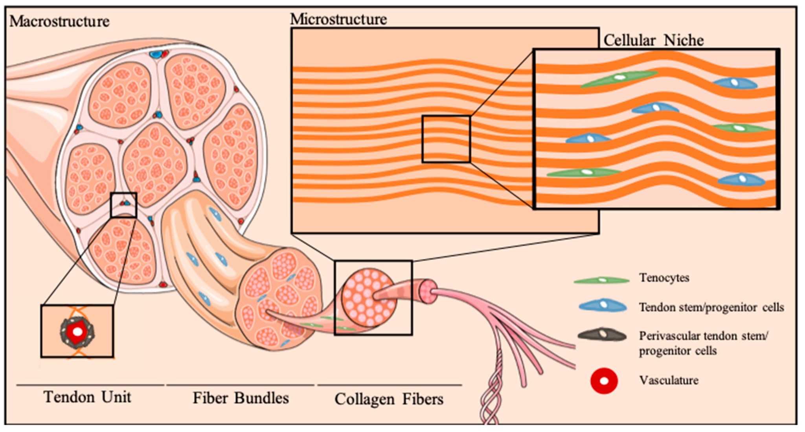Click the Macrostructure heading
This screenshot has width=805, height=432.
coord(59,21)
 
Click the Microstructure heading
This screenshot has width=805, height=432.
coord(338,19)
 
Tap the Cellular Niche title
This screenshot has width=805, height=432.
coord(653,40)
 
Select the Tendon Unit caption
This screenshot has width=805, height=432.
coord(87,397)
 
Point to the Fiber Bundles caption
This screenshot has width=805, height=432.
coord(241,398)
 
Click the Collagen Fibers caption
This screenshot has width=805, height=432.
coord(389,399)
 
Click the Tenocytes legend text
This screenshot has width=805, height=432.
coord(664,278)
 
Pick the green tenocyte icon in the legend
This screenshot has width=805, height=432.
coord(601,280)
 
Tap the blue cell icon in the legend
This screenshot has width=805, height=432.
coord(603,305)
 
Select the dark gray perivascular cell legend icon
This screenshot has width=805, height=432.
coord(602,335)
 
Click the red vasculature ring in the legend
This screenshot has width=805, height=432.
coord(604,381)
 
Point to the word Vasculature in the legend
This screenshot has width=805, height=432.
coord(669,380)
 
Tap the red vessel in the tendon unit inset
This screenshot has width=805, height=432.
coord(77,331)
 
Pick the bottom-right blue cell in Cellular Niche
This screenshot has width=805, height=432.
coord(741,179)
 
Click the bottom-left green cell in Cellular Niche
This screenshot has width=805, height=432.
coord(584,173)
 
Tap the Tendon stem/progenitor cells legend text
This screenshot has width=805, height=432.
coord(711,307)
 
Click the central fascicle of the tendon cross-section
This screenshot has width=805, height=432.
coord(154,164)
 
